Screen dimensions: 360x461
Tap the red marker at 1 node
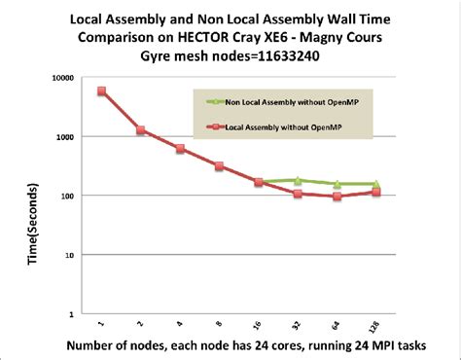point(102,91)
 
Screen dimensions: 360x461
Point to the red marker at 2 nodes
point(141,129)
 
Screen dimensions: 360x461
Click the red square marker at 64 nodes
point(337,197)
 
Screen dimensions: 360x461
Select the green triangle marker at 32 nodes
point(298,180)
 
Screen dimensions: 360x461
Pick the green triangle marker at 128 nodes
point(375,183)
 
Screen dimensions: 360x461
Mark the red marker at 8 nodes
point(220,166)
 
